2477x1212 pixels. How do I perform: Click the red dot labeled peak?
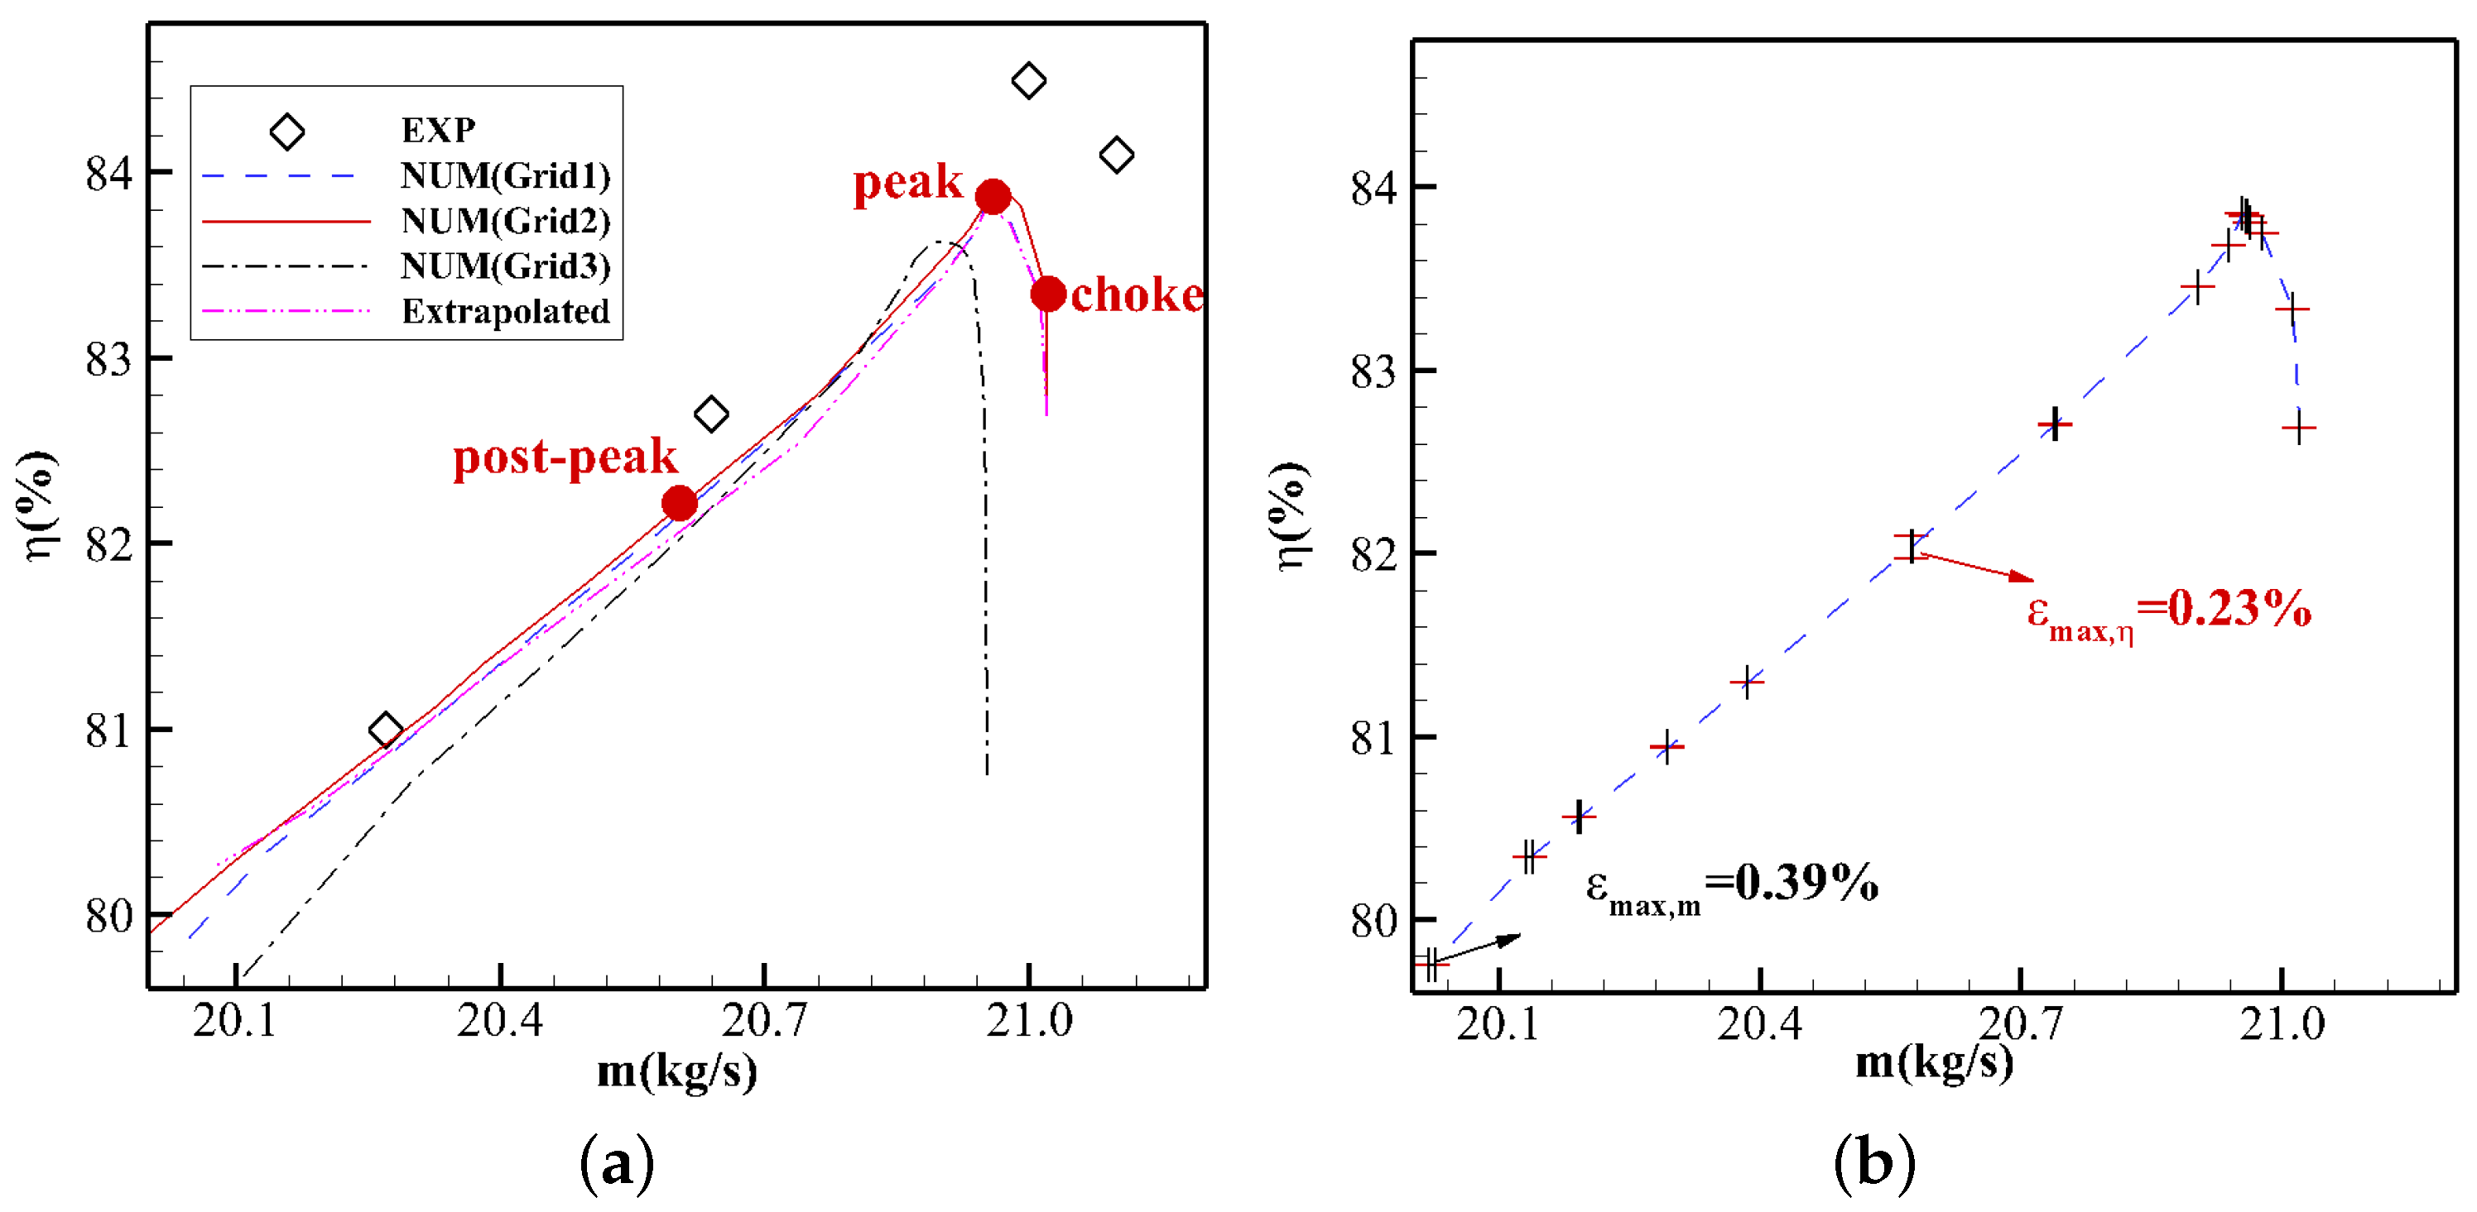(x=993, y=197)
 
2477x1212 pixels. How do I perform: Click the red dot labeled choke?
(x=1048, y=293)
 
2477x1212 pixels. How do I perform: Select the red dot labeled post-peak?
(x=679, y=503)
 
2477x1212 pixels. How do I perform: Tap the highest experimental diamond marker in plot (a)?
(x=1029, y=81)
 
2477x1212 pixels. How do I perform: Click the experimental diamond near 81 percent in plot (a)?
(x=386, y=731)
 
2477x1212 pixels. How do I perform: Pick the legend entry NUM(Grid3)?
(x=505, y=266)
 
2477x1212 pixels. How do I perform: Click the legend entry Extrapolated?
(x=505, y=311)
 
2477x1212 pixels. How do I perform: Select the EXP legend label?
(x=437, y=130)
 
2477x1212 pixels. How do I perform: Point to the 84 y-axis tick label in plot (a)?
(x=108, y=174)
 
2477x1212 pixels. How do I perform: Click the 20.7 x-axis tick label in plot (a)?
(x=763, y=1021)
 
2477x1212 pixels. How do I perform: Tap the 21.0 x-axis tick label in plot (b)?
(x=2281, y=1024)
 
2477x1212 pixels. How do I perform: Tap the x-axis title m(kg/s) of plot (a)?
(x=677, y=1071)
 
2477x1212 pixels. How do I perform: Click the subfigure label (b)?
(x=1873, y=1164)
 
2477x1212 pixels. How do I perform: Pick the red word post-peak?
(x=565, y=457)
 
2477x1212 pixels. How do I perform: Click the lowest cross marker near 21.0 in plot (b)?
(x=2298, y=428)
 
